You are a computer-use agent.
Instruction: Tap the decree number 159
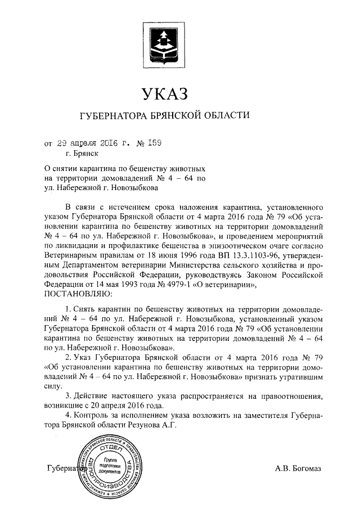[x=155, y=143]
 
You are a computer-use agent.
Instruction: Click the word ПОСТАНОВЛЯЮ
[x=77, y=293]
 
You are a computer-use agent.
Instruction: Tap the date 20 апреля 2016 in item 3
[x=131, y=405]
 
